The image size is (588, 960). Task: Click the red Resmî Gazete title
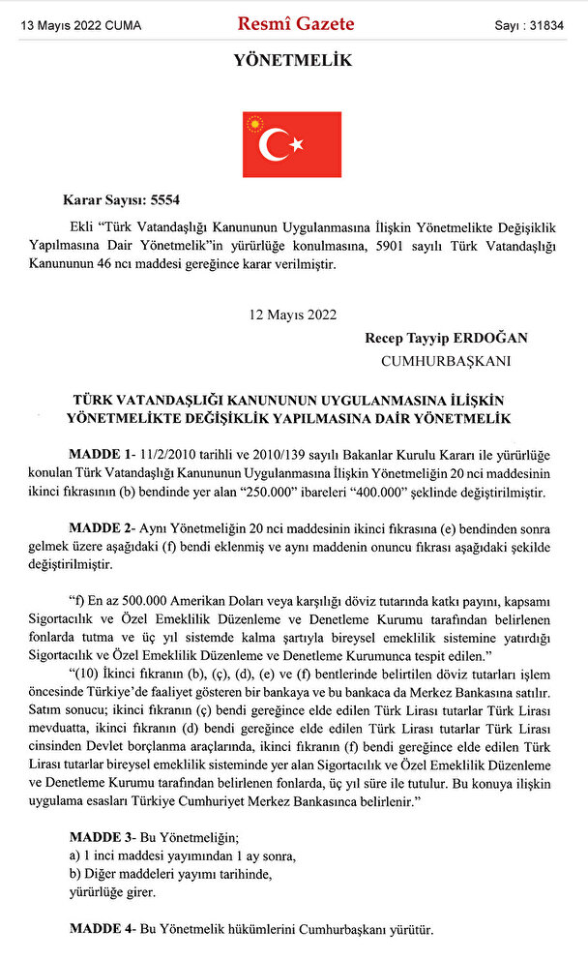pos(295,24)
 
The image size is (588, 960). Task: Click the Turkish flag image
pos(291,144)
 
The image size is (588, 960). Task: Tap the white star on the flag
pos(296,144)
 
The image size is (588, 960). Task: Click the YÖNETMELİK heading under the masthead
pos(292,61)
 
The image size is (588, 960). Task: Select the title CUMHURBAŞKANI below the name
pos(447,361)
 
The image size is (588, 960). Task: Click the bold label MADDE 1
pos(102,454)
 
